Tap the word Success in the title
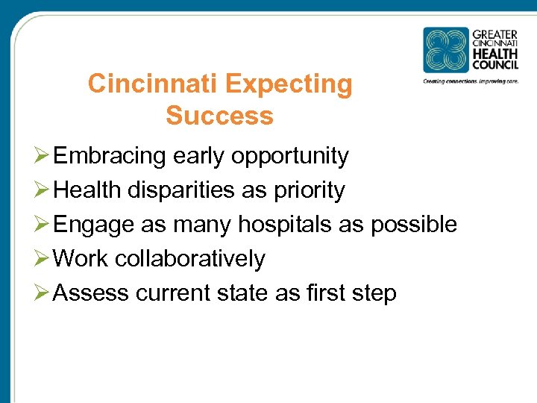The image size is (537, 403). coord(219,116)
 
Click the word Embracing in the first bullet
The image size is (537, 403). coord(110,156)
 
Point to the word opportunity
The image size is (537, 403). coord(290,157)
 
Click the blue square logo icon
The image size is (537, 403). coord(446,50)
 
